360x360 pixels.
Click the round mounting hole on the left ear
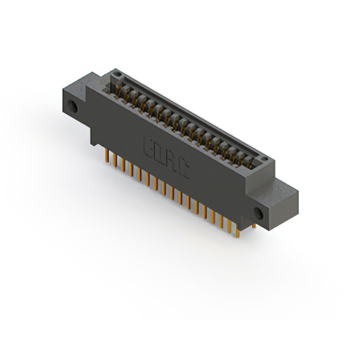(x=73, y=107)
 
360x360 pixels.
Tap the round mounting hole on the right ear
(x=258, y=212)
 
